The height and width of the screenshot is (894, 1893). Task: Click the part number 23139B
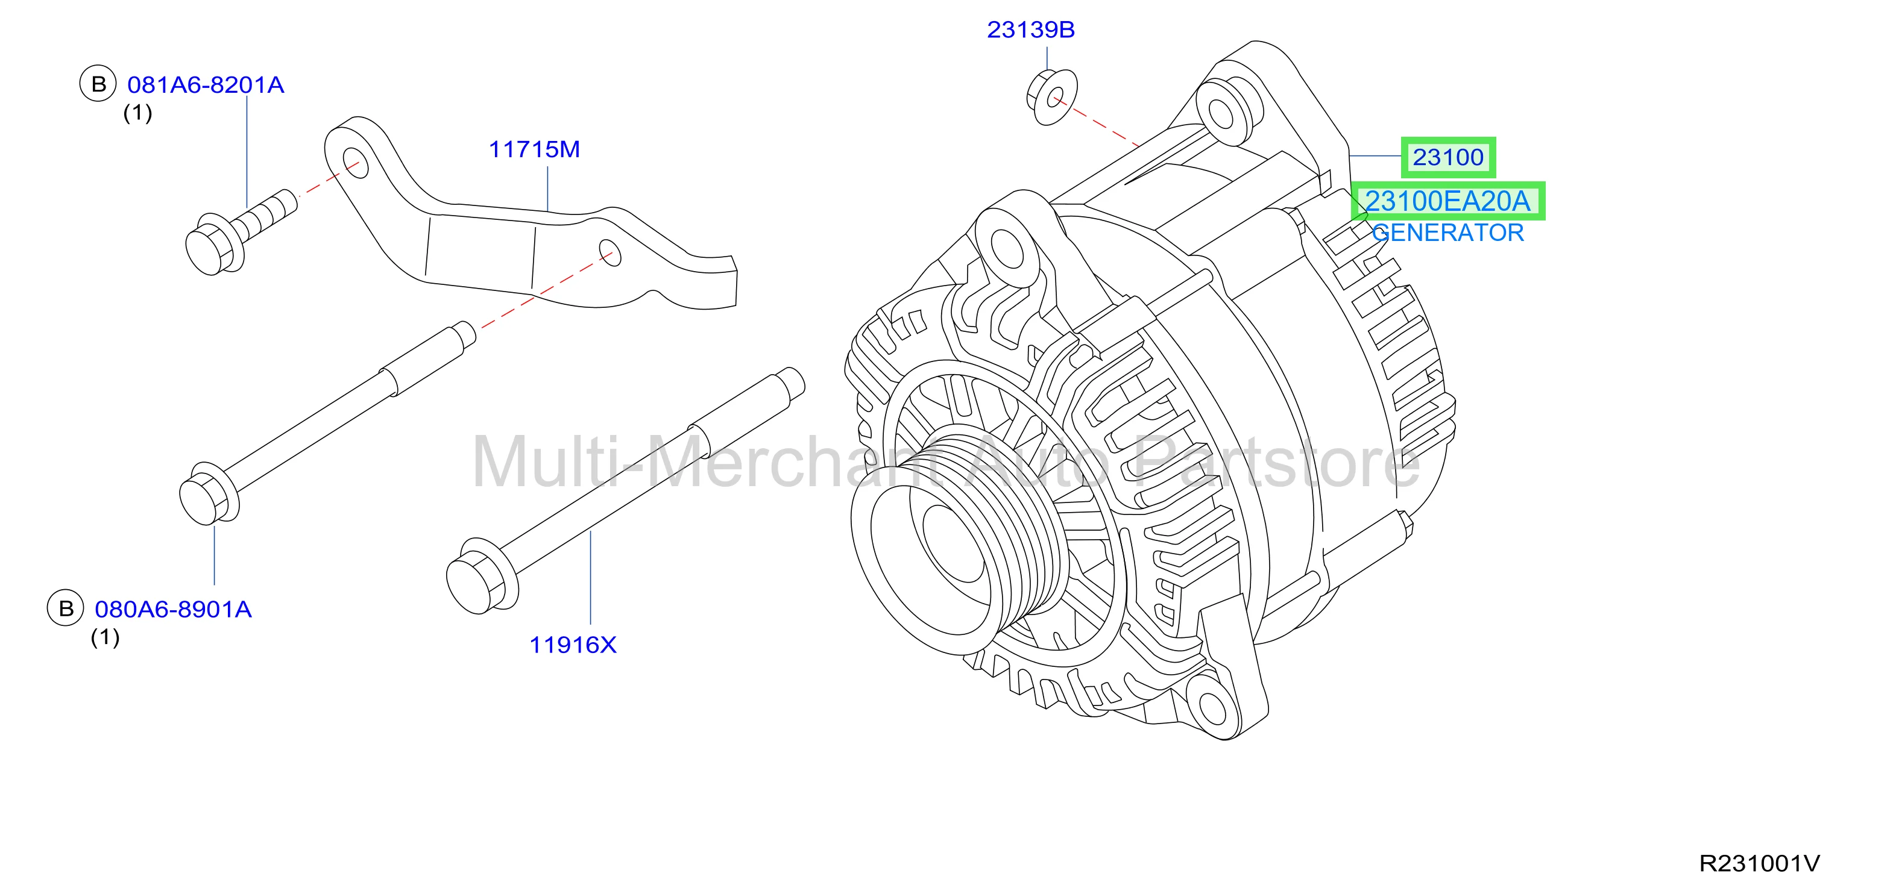[1030, 30]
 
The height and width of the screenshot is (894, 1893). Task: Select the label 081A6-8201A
[206, 85]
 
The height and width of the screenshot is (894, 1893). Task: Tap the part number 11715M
[534, 150]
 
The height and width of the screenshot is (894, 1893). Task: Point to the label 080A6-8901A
[174, 610]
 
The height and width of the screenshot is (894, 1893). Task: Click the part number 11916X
[573, 645]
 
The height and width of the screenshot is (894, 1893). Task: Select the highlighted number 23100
[1447, 157]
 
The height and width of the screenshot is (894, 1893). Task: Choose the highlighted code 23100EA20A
[1447, 201]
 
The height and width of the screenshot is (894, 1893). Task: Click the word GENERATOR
[1447, 233]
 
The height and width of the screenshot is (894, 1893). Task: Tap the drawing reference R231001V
[1759, 863]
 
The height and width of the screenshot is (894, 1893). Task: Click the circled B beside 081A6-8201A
[98, 84]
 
